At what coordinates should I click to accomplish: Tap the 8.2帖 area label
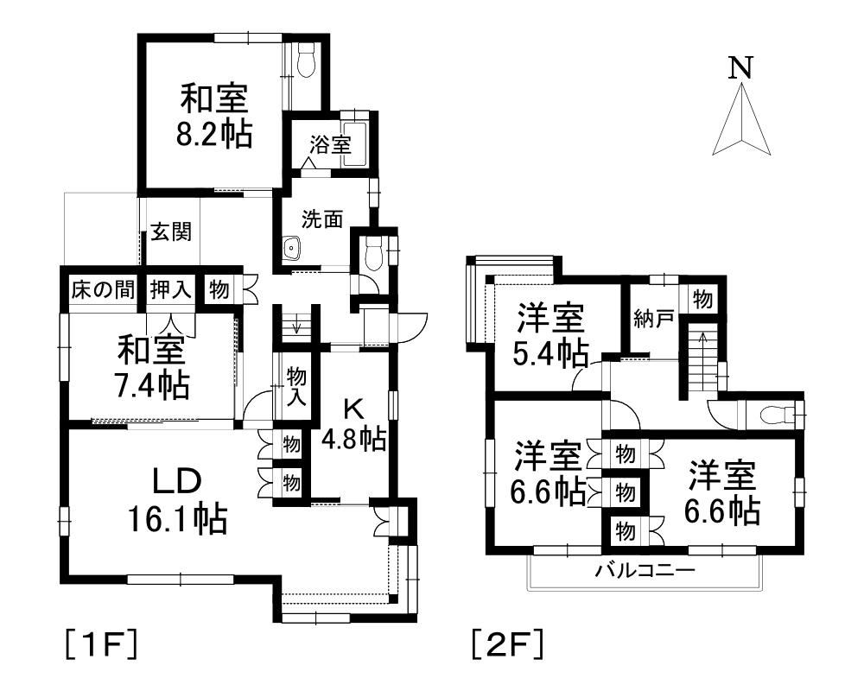pos(215,135)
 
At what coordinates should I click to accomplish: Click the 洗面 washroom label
pos(321,219)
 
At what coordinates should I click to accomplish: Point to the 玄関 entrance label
pos(171,232)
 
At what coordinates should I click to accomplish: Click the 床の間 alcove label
pos(103,289)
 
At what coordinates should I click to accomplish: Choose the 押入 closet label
pos(170,289)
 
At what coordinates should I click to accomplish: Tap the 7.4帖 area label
pos(152,385)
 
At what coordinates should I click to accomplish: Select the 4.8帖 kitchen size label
pos(353,440)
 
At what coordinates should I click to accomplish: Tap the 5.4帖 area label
pos(553,352)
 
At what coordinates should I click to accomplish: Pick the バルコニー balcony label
pos(645,571)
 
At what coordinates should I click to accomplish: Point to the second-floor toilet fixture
pos(778,415)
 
